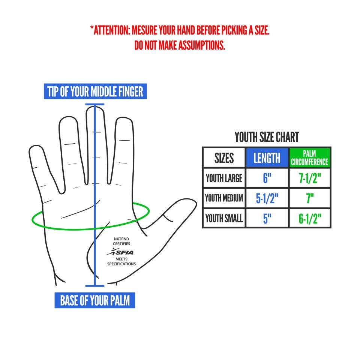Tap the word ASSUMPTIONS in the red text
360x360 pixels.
tap(202, 45)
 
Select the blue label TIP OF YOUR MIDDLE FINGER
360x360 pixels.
tap(95, 91)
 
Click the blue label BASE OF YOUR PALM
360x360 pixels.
tap(95, 300)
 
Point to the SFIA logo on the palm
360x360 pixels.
tap(120, 252)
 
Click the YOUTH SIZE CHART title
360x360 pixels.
tap(267, 137)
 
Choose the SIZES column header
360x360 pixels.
tap(224, 158)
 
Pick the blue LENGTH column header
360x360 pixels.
tap(267, 158)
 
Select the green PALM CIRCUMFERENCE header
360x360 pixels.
tap(309, 158)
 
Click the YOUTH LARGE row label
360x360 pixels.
tap(224, 178)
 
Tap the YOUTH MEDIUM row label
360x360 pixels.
tap(224, 198)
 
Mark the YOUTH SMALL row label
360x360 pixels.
tap(224, 218)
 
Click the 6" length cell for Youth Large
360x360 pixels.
tap(267, 178)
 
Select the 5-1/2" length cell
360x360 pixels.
tap(267, 198)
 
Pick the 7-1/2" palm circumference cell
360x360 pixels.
tap(310, 178)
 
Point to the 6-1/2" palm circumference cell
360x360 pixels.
tap(310, 218)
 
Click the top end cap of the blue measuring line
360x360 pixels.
tap(95, 105)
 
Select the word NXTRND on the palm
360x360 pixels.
tap(121, 239)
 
